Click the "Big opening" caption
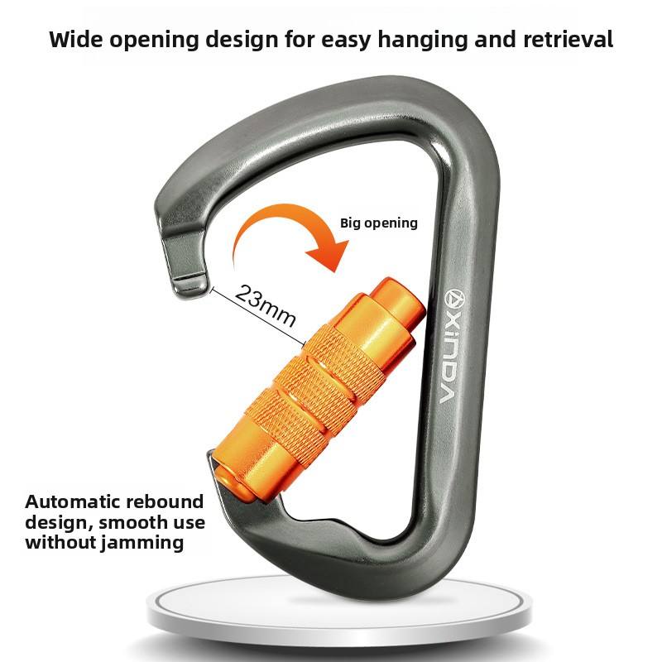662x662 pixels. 379,223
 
